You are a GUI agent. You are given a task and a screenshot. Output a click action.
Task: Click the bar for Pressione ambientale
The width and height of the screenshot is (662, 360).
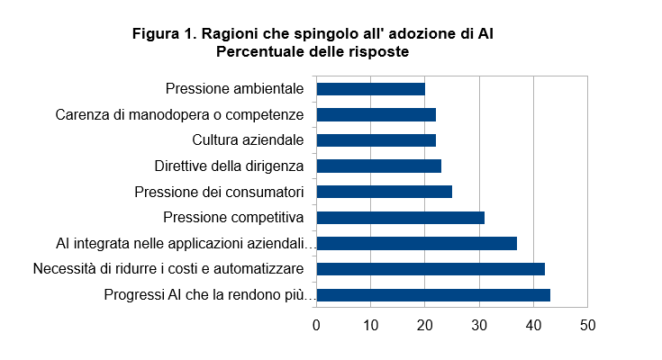370,89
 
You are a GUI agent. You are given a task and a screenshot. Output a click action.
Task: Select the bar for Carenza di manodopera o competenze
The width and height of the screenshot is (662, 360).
376,114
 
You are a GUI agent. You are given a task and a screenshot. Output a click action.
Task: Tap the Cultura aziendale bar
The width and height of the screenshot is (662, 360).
376,140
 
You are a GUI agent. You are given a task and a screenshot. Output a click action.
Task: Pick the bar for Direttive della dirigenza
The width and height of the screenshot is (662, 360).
378,166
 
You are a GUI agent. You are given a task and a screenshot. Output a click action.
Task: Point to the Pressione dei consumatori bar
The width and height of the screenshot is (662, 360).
384,192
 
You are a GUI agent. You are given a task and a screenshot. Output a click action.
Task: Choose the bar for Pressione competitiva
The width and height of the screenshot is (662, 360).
400,217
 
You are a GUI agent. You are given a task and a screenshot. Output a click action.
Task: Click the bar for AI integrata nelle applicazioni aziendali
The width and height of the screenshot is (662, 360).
416,243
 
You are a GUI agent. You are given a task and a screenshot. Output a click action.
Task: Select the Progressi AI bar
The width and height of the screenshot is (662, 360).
432,294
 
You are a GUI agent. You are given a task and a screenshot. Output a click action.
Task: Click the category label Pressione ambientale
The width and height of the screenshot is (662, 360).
234,89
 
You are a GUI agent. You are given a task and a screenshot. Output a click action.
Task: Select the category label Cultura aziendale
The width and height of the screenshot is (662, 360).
248,140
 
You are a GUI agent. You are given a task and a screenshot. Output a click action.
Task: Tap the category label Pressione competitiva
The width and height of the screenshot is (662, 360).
233,217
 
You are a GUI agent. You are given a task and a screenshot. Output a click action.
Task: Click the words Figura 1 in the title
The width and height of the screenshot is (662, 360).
163,34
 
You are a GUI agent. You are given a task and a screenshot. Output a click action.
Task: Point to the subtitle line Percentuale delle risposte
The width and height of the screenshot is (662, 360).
313,52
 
